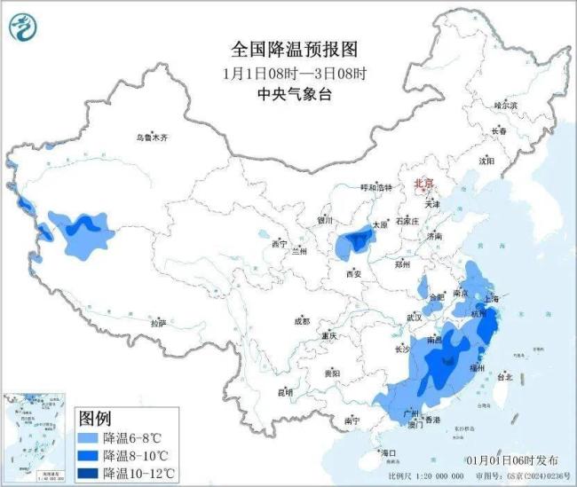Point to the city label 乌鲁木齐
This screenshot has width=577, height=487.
click(151, 138)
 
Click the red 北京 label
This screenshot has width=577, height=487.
click(424, 184)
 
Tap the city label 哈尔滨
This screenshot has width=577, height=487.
click(504, 105)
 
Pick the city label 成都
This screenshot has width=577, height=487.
click(304, 321)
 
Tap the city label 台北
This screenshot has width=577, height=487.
click(504, 377)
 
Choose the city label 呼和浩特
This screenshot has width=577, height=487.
click(375, 188)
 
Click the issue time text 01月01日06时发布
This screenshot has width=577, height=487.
click(512, 460)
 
